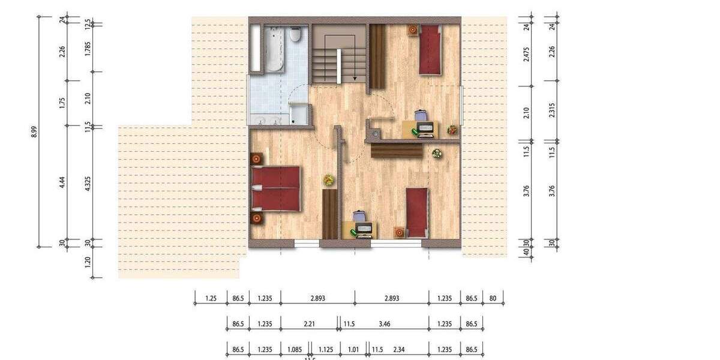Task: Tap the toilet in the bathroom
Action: click(x=295, y=35)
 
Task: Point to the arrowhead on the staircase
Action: click(x=355, y=77)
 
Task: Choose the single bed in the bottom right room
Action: click(x=417, y=212)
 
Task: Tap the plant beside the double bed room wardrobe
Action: click(x=328, y=179)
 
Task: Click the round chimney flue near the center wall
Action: click(x=375, y=134)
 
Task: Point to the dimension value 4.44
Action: click(x=62, y=182)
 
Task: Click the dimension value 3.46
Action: click(x=385, y=324)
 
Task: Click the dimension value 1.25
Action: click(x=211, y=298)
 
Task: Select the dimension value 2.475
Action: click(x=527, y=53)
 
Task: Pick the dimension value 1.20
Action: click(x=88, y=262)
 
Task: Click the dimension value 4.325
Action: click(x=88, y=183)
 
